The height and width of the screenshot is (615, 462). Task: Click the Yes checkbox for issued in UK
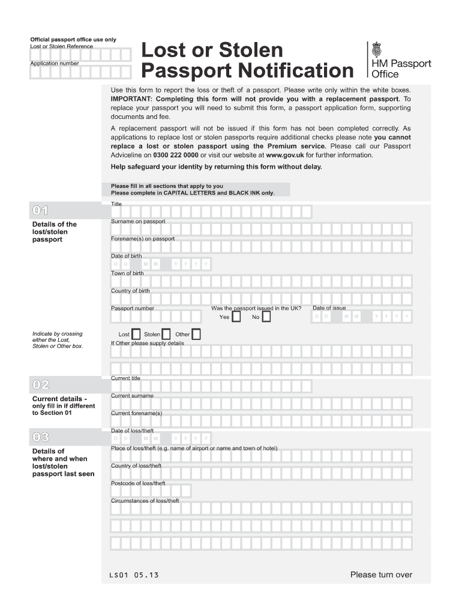pos(237,317)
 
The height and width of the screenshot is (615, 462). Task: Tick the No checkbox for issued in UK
pos(266,317)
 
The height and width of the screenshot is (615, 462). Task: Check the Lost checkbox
pos(136,334)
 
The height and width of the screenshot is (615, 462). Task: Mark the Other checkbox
pos(196,334)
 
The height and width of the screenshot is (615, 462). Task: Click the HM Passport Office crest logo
pos(377,49)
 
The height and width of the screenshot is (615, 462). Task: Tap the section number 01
pos(41,210)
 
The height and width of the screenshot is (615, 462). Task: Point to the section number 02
pos(41,384)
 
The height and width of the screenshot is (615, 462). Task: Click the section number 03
pos(41,437)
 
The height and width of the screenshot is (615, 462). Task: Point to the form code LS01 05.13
pos(130,575)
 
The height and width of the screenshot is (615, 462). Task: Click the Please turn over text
pos(381,575)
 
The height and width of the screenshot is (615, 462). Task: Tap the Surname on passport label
pos(138,222)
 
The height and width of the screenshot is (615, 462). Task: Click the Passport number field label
pos(133,309)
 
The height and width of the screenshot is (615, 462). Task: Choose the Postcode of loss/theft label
pos(138,483)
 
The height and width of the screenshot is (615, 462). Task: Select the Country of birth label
pos(130,291)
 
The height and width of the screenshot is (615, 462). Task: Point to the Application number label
pos(55,63)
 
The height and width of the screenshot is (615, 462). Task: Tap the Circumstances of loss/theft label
pos(145,501)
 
